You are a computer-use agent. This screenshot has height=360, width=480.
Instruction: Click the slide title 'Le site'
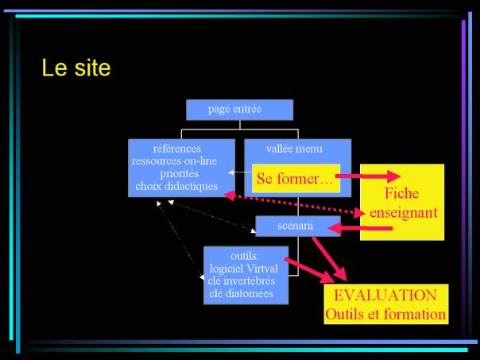(76, 68)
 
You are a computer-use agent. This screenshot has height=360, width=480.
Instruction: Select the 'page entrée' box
(239, 110)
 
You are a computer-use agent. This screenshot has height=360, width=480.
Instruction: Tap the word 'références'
(177, 149)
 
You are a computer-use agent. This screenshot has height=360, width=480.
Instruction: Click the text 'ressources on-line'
(175, 161)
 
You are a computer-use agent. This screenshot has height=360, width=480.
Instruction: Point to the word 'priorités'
(180, 174)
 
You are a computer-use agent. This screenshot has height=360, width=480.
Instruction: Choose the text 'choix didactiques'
(176, 186)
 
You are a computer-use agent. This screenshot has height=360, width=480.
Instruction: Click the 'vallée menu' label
(294, 149)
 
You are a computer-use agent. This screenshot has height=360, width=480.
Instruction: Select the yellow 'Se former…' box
(296, 179)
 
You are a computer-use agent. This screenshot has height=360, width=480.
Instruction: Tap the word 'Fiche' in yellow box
(401, 193)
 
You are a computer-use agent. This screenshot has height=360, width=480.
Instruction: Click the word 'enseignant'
(404, 213)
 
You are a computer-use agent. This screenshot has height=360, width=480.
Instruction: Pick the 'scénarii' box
(298, 226)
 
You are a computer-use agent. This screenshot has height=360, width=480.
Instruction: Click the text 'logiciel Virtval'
(244, 269)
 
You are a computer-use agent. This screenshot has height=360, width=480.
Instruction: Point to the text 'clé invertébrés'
(242, 281)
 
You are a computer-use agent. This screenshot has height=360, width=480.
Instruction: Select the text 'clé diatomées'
(242, 293)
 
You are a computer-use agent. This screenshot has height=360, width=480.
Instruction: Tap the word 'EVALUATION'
(385, 296)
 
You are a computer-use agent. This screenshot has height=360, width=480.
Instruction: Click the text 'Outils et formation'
(385, 315)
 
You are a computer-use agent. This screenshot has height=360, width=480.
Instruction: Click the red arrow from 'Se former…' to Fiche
(368, 176)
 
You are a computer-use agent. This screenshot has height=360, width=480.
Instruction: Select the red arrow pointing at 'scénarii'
(360, 228)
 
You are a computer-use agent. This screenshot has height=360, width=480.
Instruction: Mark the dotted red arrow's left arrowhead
(230, 195)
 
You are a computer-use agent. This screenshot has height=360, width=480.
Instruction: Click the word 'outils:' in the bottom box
(245, 256)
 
